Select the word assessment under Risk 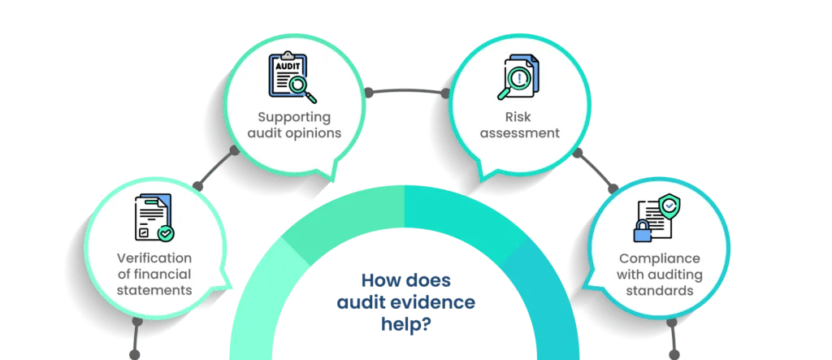(520, 132)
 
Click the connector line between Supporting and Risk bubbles (406, 93)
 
